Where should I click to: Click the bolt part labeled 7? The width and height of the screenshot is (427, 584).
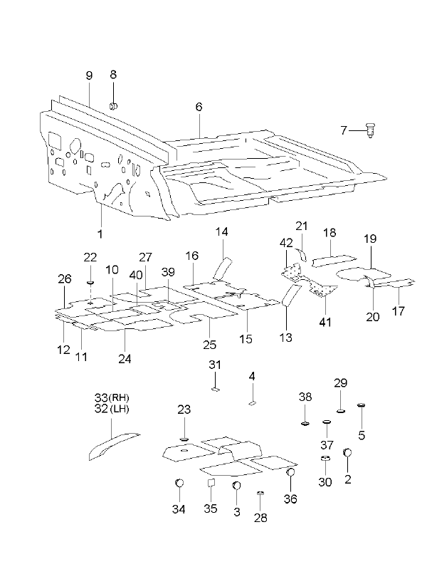[370, 131]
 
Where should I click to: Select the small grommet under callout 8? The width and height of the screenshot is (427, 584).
[114, 106]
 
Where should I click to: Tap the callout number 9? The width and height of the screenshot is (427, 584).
[89, 75]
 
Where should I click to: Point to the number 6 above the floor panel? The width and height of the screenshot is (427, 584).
[199, 107]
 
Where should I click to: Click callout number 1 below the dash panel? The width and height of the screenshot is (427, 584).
[100, 234]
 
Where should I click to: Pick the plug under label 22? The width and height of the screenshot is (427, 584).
[90, 283]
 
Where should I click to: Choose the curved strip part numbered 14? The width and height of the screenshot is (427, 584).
[221, 268]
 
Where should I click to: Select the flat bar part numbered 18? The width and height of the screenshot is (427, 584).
[334, 261]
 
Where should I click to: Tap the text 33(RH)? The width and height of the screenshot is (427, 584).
[112, 397]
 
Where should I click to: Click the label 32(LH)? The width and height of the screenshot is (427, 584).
[112, 409]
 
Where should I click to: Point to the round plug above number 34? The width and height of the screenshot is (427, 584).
[179, 483]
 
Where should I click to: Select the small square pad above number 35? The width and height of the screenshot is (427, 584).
[211, 483]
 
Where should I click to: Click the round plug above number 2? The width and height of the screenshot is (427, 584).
[347, 452]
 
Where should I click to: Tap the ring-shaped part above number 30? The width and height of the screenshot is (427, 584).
[326, 458]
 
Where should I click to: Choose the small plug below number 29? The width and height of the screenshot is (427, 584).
[341, 411]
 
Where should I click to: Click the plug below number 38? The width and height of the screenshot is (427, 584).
[305, 423]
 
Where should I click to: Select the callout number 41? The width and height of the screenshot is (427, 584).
[325, 322]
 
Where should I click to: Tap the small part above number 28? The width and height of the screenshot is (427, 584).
[260, 494]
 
